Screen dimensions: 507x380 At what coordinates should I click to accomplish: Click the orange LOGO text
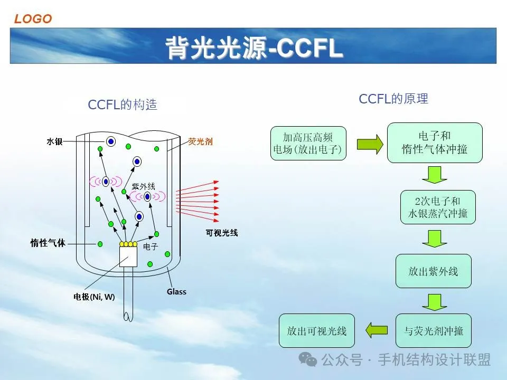pos(33,19)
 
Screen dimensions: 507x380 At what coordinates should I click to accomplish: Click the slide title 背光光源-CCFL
pos(254,48)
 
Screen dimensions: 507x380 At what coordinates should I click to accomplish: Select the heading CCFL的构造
pos(123,104)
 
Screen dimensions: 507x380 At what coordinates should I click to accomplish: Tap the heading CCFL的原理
pos(393,99)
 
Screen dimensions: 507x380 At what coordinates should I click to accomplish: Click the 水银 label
pos(54,141)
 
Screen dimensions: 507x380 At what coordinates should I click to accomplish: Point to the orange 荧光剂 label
pos(201,141)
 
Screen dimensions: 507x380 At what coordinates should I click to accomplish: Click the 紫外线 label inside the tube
pos(144,186)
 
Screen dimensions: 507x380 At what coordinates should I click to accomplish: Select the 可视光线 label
pos(222,233)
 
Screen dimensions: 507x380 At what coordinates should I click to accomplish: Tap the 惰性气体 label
pos(48,243)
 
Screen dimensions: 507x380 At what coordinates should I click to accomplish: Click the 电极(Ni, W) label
pos(94,297)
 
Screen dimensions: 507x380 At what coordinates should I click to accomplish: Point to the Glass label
pos(176,291)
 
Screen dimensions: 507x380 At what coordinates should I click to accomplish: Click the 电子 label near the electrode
pos(151,246)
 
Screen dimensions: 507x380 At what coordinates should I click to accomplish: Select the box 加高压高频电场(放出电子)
pos(308,143)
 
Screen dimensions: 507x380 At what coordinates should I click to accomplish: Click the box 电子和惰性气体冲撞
pos(435,142)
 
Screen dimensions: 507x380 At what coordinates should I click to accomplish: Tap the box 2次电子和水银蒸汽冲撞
pos(438,207)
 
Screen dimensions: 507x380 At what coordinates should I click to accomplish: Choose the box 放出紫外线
pos(433,271)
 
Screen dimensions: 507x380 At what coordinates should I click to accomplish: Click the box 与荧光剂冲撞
pos(433,330)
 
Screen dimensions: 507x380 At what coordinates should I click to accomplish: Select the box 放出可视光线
pos(316,330)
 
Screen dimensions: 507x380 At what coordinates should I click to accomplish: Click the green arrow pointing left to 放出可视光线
pos(377,330)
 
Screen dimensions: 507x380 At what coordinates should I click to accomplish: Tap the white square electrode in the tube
pos(128,257)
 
